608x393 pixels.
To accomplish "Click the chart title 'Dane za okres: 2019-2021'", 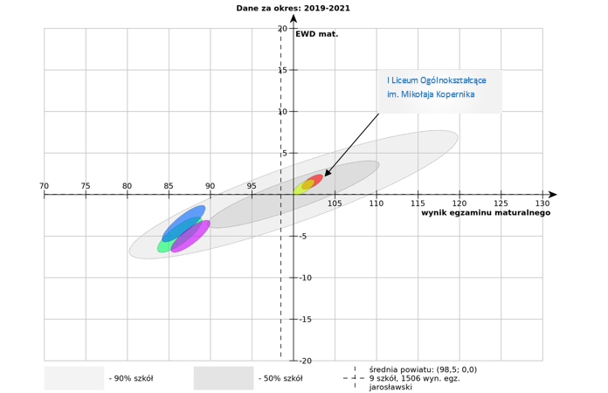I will point(294,8).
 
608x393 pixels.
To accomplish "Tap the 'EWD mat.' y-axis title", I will point(316,35).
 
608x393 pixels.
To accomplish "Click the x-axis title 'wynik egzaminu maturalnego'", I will point(486,212).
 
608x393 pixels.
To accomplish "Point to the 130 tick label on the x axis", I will point(549,186).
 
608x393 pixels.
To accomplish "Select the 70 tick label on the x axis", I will point(45,186).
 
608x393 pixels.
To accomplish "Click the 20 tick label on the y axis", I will point(282,29).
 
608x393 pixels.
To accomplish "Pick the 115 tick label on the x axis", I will point(418,203).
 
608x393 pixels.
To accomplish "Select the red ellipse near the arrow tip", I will point(315,181).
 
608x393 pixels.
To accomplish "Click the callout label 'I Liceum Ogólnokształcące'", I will point(437,80).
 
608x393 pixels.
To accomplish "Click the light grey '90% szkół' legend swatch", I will point(74,378).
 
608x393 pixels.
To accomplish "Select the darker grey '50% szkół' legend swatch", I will point(224,378).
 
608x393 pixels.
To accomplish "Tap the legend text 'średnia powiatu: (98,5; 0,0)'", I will point(423,369).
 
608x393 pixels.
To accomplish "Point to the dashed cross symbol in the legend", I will point(355,378).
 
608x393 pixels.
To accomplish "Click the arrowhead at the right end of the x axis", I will point(552,195).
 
